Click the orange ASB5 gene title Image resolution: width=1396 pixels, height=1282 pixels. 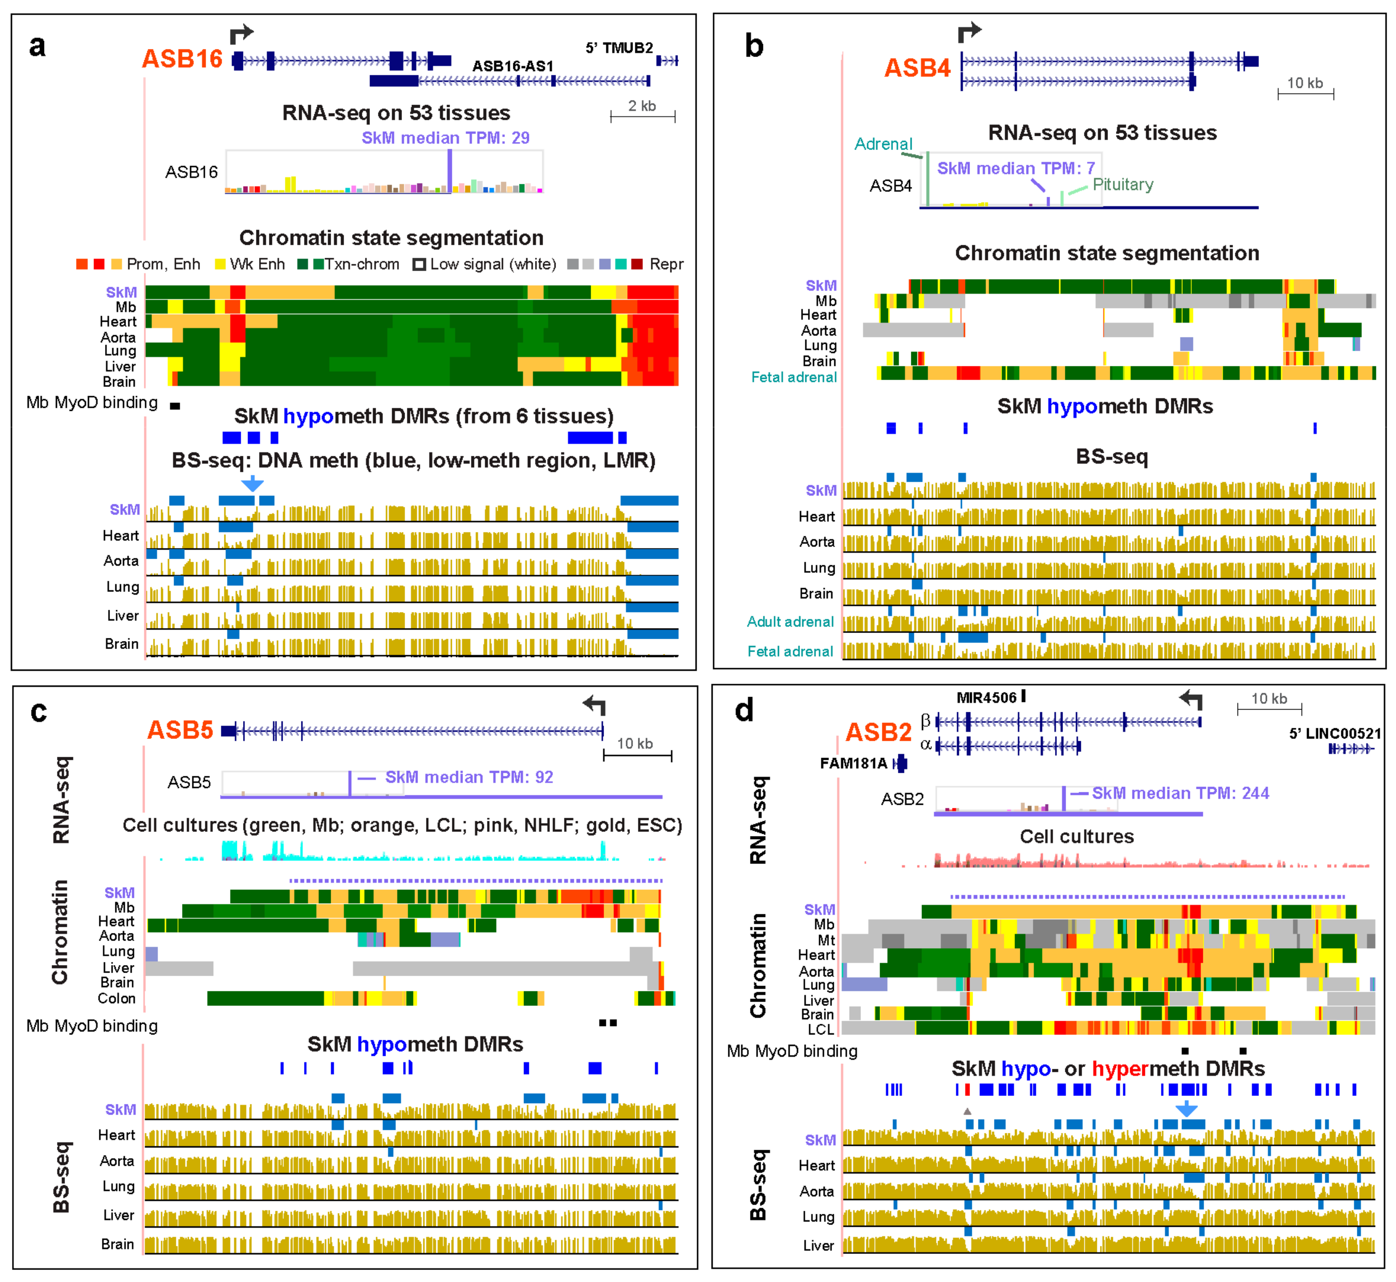click(180, 730)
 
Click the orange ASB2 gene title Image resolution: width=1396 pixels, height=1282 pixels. click(878, 733)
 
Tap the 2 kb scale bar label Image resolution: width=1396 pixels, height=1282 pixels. click(642, 106)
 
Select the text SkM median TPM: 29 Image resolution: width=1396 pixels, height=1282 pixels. click(446, 138)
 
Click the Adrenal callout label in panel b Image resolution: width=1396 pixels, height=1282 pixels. click(883, 144)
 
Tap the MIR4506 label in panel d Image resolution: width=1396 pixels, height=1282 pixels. click(986, 698)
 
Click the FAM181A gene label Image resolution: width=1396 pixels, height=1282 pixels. click(853, 764)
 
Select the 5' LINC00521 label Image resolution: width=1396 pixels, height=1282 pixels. click(1334, 734)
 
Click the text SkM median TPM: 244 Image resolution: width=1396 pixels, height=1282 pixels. click(1180, 794)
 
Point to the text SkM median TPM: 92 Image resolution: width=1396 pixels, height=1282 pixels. click(469, 778)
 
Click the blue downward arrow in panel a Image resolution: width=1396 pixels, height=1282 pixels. click(252, 483)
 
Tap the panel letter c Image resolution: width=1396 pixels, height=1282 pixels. click(39, 713)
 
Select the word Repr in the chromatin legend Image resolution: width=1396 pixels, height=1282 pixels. click(666, 264)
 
